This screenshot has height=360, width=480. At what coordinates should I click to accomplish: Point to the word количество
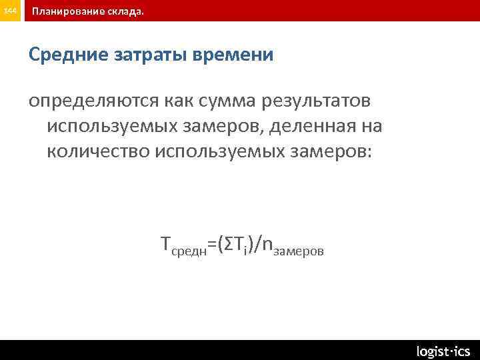point(98,151)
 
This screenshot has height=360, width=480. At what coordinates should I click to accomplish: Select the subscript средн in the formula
point(189,252)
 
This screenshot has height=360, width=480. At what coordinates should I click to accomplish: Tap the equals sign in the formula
point(213,247)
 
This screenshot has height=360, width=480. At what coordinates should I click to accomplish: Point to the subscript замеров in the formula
point(299,252)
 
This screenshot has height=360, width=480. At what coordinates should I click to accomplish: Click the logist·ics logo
point(443,351)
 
